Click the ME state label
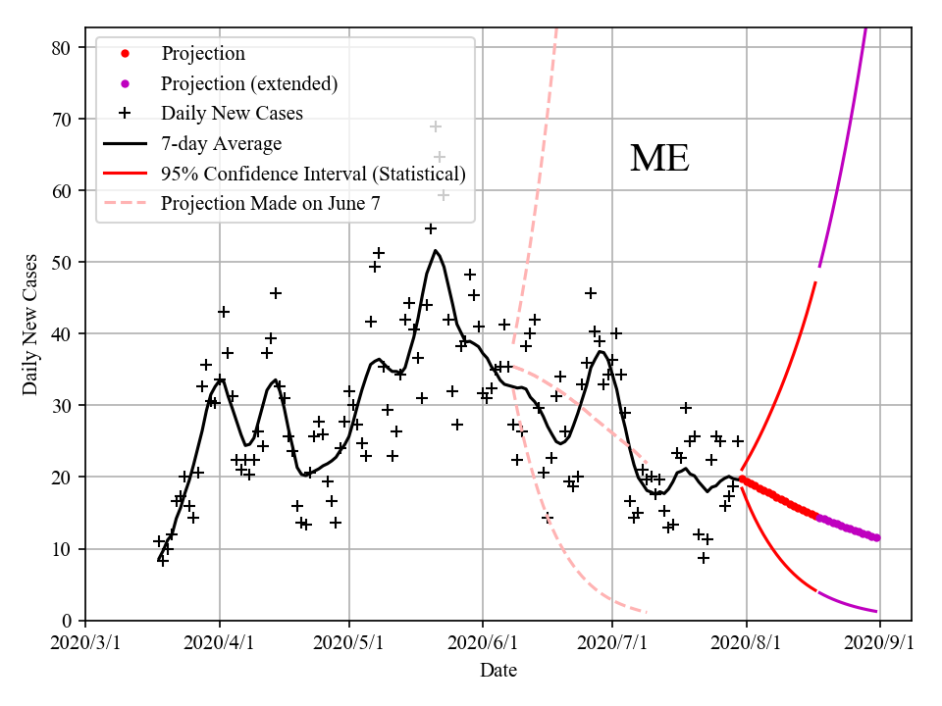659,159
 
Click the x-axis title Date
498,671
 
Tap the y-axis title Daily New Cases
30,325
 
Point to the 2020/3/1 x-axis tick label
85,642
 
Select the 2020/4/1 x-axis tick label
219,642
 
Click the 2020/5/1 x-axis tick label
350,642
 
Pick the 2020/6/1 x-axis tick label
482,642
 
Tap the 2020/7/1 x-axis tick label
612,642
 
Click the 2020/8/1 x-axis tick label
747,642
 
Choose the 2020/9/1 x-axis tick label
879,642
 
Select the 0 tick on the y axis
68,621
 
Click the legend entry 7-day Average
221,144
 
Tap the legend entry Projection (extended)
249,83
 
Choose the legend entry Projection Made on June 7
271,204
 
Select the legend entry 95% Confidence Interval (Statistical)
313,175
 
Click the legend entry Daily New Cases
232,114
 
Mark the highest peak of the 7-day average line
436,250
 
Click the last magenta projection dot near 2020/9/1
877,537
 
